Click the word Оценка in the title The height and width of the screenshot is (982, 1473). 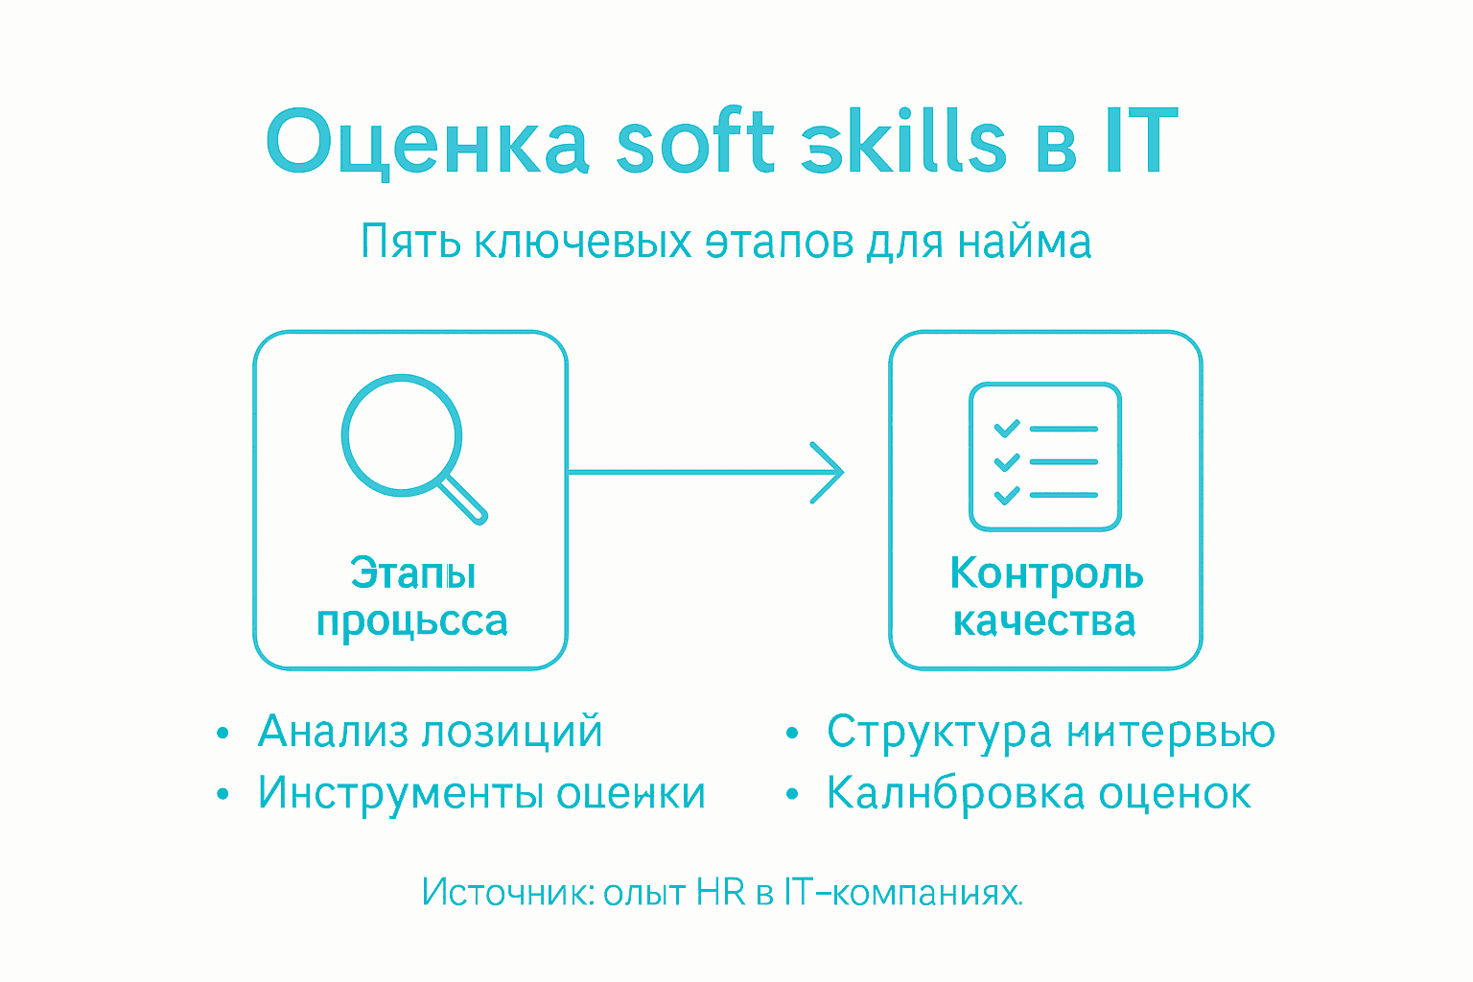pos(427,142)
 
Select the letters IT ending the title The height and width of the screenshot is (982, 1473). pos(1140,142)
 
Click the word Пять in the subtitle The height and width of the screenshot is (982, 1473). pos(410,242)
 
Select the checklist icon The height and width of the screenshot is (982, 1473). pos(1045,456)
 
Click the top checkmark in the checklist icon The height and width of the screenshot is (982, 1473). pos(1006,428)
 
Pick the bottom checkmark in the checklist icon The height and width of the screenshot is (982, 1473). pos(1006,496)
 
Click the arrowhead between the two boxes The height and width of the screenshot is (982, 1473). pos(827,472)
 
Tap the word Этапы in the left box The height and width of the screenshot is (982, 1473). pos(413,573)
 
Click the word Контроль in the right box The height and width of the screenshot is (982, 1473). pos(1046,573)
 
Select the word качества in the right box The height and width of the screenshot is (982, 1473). pos(1044,621)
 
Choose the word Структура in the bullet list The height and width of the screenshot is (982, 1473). pos(939,733)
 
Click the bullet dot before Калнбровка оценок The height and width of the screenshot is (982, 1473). pos(792,795)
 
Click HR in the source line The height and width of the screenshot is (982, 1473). pos(720,893)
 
